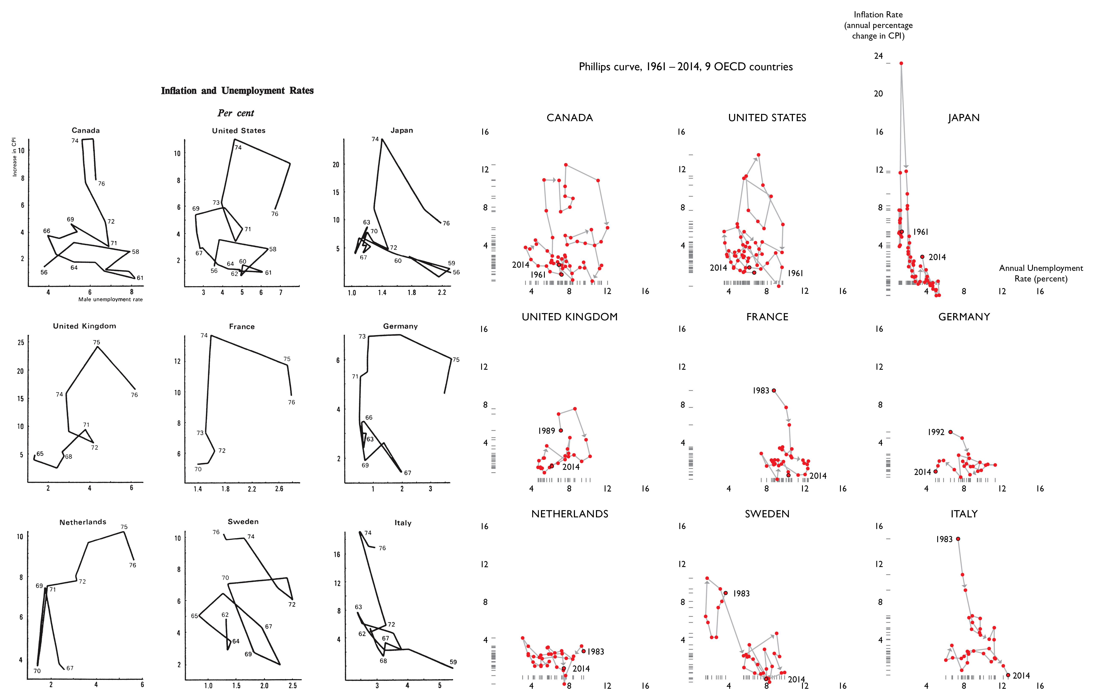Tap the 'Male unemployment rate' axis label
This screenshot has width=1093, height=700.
click(111, 300)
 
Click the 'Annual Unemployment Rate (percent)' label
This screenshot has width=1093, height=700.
click(1041, 273)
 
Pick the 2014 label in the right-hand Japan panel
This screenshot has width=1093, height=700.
click(937, 257)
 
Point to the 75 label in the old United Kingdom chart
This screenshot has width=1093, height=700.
click(96, 342)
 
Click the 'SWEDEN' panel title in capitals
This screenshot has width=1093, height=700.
click(767, 514)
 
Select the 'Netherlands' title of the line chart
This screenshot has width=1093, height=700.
click(83, 522)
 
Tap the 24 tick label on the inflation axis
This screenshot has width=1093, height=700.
click(878, 56)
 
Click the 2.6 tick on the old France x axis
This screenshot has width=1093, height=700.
click(279, 489)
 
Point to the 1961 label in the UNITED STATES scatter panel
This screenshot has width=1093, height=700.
click(795, 273)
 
